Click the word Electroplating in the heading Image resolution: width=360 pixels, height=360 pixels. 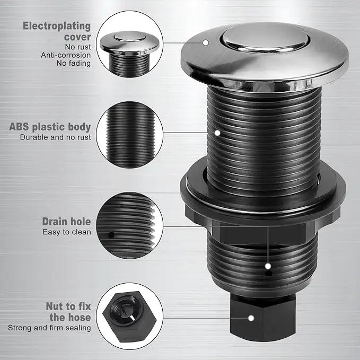pyautogui.click(x=57, y=26)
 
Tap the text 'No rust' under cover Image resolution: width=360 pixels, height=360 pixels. pyautogui.click(x=78, y=47)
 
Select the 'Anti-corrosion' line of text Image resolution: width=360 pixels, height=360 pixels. pyautogui.click(x=66, y=55)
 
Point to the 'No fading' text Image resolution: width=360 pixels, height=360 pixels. pyautogui.click(x=74, y=63)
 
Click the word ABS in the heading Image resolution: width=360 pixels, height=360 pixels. pyautogui.click(x=19, y=127)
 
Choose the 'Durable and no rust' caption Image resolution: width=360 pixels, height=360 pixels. pyautogui.click(x=55, y=137)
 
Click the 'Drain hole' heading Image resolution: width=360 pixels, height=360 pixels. pyautogui.click(x=66, y=222)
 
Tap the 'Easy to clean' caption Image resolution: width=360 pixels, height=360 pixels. pyautogui.click(x=67, y=232)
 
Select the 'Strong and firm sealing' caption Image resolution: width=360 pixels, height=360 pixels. pyautogui.click(x=49, y=328)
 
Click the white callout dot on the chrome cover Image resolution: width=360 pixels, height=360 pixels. pyautogui.click(x=206, y=42)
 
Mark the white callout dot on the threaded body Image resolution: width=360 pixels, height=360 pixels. pyautogui.click(x=217, y=133)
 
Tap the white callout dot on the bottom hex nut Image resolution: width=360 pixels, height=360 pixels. pyautogui.click(x=251, y=318)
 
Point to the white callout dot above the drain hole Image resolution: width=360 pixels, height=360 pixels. pyautogui.click(x=268, y=266)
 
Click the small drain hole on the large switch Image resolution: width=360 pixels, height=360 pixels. pyautogui.click(x=268, y=274)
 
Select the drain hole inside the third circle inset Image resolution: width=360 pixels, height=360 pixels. pyautogui.click(x=111, y=235)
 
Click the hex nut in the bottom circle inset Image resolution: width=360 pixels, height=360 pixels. pyautogui.click(x=129, y=317)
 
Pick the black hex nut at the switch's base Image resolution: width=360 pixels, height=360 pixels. pyautogui.click(x=263, y=318)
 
